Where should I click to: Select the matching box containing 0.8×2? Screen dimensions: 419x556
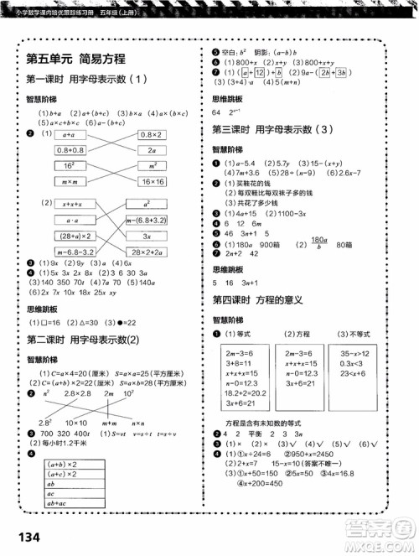tap(152, 134)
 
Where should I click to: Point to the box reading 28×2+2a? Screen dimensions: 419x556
tap(152, 252)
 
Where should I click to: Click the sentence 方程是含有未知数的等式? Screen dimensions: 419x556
tap(268, 418)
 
